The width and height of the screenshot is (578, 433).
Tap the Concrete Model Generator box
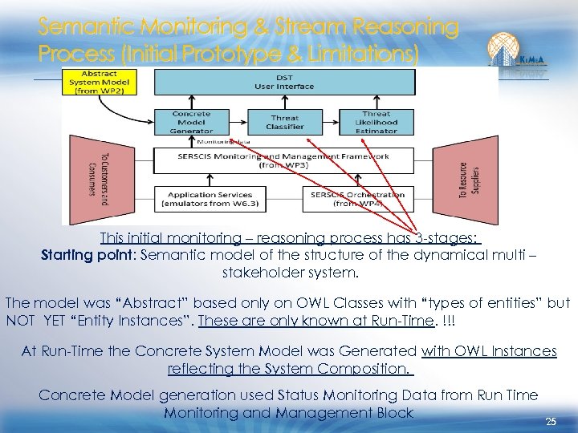point(191,122)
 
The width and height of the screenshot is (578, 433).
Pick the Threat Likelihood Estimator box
point(377,122)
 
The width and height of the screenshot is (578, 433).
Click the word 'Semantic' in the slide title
point(88,29)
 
